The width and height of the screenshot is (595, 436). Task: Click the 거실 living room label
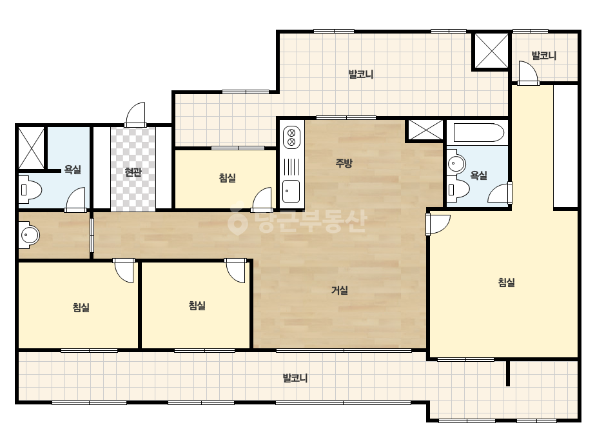point(340,290)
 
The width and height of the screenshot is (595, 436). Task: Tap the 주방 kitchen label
point(344,163)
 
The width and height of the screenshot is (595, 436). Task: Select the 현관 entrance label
point(133,172)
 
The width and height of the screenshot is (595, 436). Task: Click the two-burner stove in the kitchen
point(291,137)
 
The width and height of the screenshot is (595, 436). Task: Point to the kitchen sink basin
point(291,192)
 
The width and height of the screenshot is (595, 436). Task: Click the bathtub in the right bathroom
point(476,133)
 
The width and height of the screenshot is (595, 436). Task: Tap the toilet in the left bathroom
point(30,189)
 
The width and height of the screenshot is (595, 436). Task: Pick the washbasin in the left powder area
point(29,235)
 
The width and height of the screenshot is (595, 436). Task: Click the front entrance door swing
point(135,114)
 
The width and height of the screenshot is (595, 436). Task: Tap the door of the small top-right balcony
point(528,73)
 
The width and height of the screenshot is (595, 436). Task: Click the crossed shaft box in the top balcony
point(491,50)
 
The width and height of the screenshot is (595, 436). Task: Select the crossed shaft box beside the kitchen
point(425,130)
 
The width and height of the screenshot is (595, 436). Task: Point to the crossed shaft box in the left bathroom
point(32,148)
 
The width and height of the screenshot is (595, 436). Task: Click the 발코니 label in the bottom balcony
point(295,378)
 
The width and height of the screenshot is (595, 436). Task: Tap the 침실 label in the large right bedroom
point(506,282)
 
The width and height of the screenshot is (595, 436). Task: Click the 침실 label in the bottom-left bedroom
point(81,307)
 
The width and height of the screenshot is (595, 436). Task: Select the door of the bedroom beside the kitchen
point(262,199)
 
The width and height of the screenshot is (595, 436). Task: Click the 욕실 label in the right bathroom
point(478,175)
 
